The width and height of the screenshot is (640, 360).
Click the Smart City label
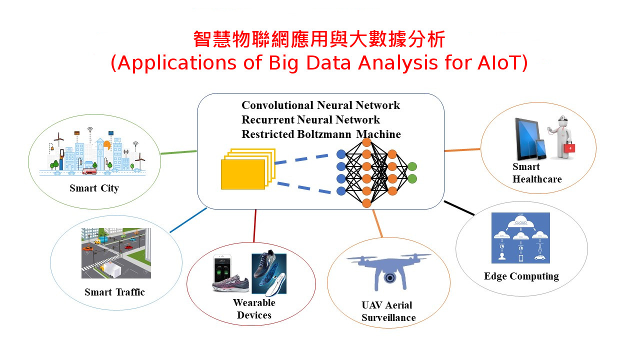[94, 188]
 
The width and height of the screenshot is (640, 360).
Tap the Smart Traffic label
[114, 292]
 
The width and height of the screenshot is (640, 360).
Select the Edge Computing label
[521, 276]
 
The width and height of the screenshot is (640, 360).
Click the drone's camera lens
[388, 278]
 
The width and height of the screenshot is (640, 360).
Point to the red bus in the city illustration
[89, 171]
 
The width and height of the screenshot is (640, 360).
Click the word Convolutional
[277, 105]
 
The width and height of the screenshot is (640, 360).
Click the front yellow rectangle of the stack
[243, 174]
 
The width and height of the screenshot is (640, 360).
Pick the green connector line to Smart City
[178, 152]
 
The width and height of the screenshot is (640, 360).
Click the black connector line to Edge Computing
[459, 208]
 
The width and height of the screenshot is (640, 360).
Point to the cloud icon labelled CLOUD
[520, 223]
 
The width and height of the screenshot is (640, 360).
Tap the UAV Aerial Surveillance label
[388, 311]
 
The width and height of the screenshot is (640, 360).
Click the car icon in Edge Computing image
[539, 257]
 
